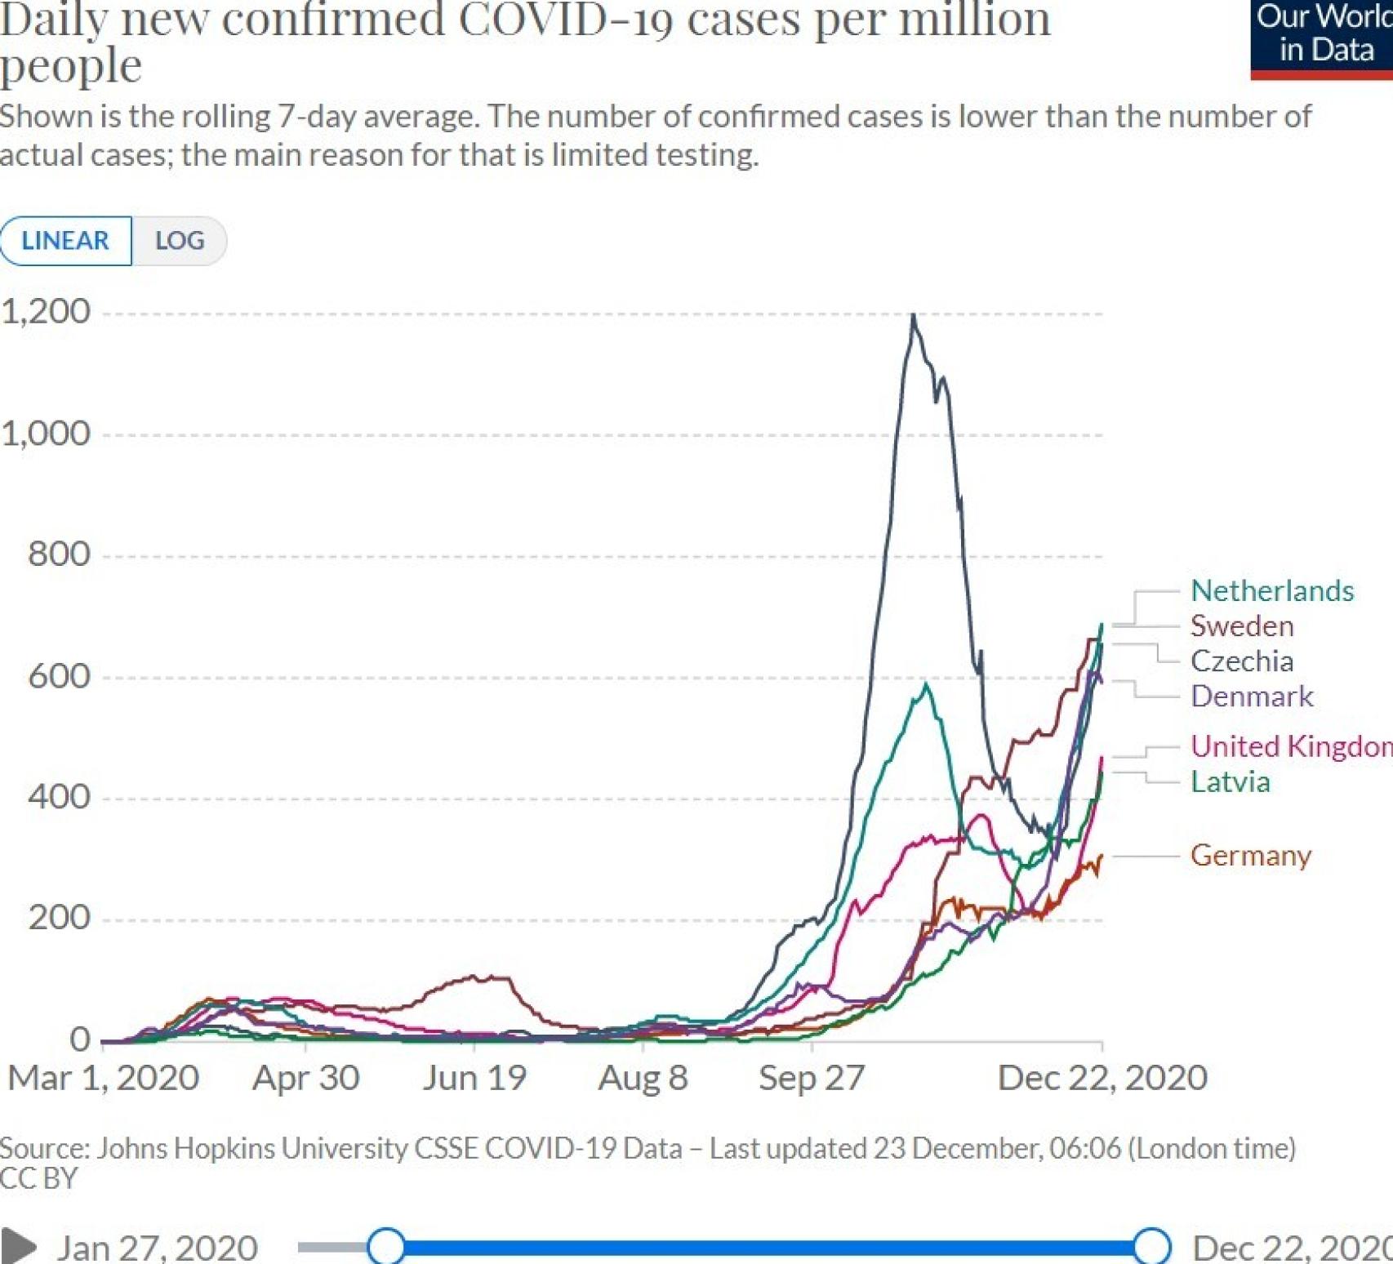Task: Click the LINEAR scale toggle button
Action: coord(65,241)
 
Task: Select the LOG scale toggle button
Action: coord(180,241)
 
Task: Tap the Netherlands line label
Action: coord(1271,590)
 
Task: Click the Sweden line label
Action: coord(1241,625)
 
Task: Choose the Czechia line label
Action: coord(1241,661)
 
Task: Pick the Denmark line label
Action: coord(1251,696)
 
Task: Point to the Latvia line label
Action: coord(1230,781)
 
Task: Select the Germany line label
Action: coord(1250,855)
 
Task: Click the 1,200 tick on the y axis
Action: coord(46,312)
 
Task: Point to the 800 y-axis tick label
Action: coord(59,554)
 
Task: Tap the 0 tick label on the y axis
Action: coord(80,1039)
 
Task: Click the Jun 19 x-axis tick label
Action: coord(474,1078)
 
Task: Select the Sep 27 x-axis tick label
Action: coord(811,1078)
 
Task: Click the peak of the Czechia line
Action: coord(913,315)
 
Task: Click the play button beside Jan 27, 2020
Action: coord(18,1247)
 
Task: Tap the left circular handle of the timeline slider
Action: coord(386,1247)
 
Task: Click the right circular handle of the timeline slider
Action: coord(1151,1247)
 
